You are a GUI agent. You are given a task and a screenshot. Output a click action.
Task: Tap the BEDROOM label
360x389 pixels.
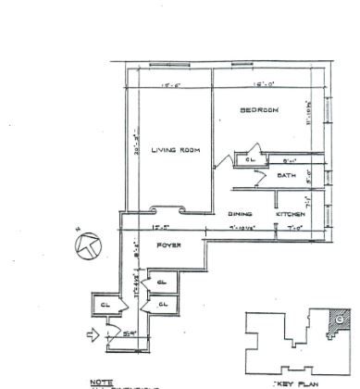tap(260, 111)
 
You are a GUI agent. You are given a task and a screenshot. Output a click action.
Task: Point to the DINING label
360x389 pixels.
tap(241, 214)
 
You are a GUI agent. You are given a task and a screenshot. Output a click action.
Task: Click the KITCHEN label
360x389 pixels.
tap(290, 214)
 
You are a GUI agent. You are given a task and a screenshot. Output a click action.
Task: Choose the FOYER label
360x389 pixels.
tap(167, 246)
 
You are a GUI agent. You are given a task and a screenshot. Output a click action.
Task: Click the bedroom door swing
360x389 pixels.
tap(226, 157)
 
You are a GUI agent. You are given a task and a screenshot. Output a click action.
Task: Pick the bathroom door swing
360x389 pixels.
tap(277, 196)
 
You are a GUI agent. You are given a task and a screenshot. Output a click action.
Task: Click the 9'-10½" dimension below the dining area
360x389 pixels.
tap(240, 228)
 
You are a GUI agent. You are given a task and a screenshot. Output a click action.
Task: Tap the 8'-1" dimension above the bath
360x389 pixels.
tap(289, 159)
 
